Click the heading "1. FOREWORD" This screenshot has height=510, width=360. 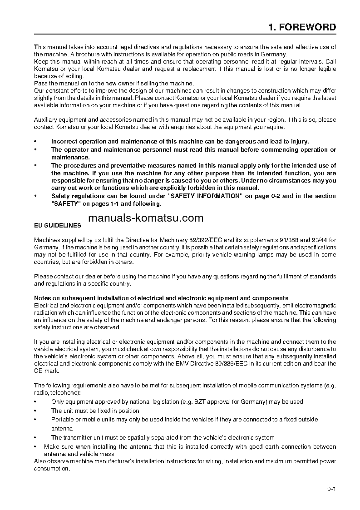[302, 27]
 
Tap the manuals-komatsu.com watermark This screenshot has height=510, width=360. [146, 218]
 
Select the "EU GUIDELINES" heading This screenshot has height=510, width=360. [58, 225]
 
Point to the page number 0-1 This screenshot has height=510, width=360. [331, 489]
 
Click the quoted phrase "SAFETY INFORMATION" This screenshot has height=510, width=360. [204, 196]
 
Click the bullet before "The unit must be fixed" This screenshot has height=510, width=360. [36, 411]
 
